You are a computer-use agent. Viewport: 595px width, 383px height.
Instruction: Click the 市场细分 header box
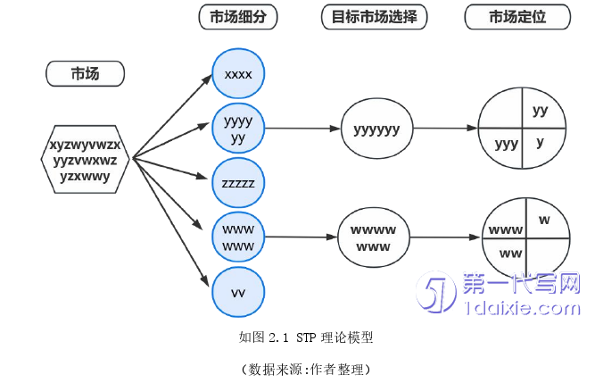tap(238, 17)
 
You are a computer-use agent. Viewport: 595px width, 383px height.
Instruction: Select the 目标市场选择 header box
tap(375, 17)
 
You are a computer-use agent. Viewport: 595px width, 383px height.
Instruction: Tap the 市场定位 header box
tap(517, 17)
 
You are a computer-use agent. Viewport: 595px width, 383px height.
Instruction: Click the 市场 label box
tap(85, 74)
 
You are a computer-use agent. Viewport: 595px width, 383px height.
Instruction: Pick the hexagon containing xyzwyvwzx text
tap(86, 160)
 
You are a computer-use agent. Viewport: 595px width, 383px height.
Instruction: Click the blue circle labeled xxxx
tap(238, 74)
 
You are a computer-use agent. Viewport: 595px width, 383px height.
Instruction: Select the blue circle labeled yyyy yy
tap(238, 129)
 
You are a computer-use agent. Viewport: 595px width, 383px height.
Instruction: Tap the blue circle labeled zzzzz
tap(238, 183)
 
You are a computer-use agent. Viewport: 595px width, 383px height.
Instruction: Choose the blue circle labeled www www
tap(238, 237)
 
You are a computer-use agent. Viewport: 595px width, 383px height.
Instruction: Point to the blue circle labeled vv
tap(238, 292)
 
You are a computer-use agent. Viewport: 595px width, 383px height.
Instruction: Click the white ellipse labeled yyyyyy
tap(376, 129)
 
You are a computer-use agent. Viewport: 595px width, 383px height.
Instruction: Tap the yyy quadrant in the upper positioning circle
tap(506, 144)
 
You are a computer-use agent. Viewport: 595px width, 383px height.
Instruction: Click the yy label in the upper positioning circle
tap(540, 111)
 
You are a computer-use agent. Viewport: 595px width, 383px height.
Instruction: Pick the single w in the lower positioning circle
tap(544, 219)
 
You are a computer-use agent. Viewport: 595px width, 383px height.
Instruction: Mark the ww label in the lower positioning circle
tap(510, 254)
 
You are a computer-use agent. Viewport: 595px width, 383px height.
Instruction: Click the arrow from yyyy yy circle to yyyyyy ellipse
tap(303, 129)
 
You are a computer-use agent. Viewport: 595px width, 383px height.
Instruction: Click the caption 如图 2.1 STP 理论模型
tap(306, 337)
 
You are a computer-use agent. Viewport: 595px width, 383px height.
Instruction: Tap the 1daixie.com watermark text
tap(523, 309)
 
